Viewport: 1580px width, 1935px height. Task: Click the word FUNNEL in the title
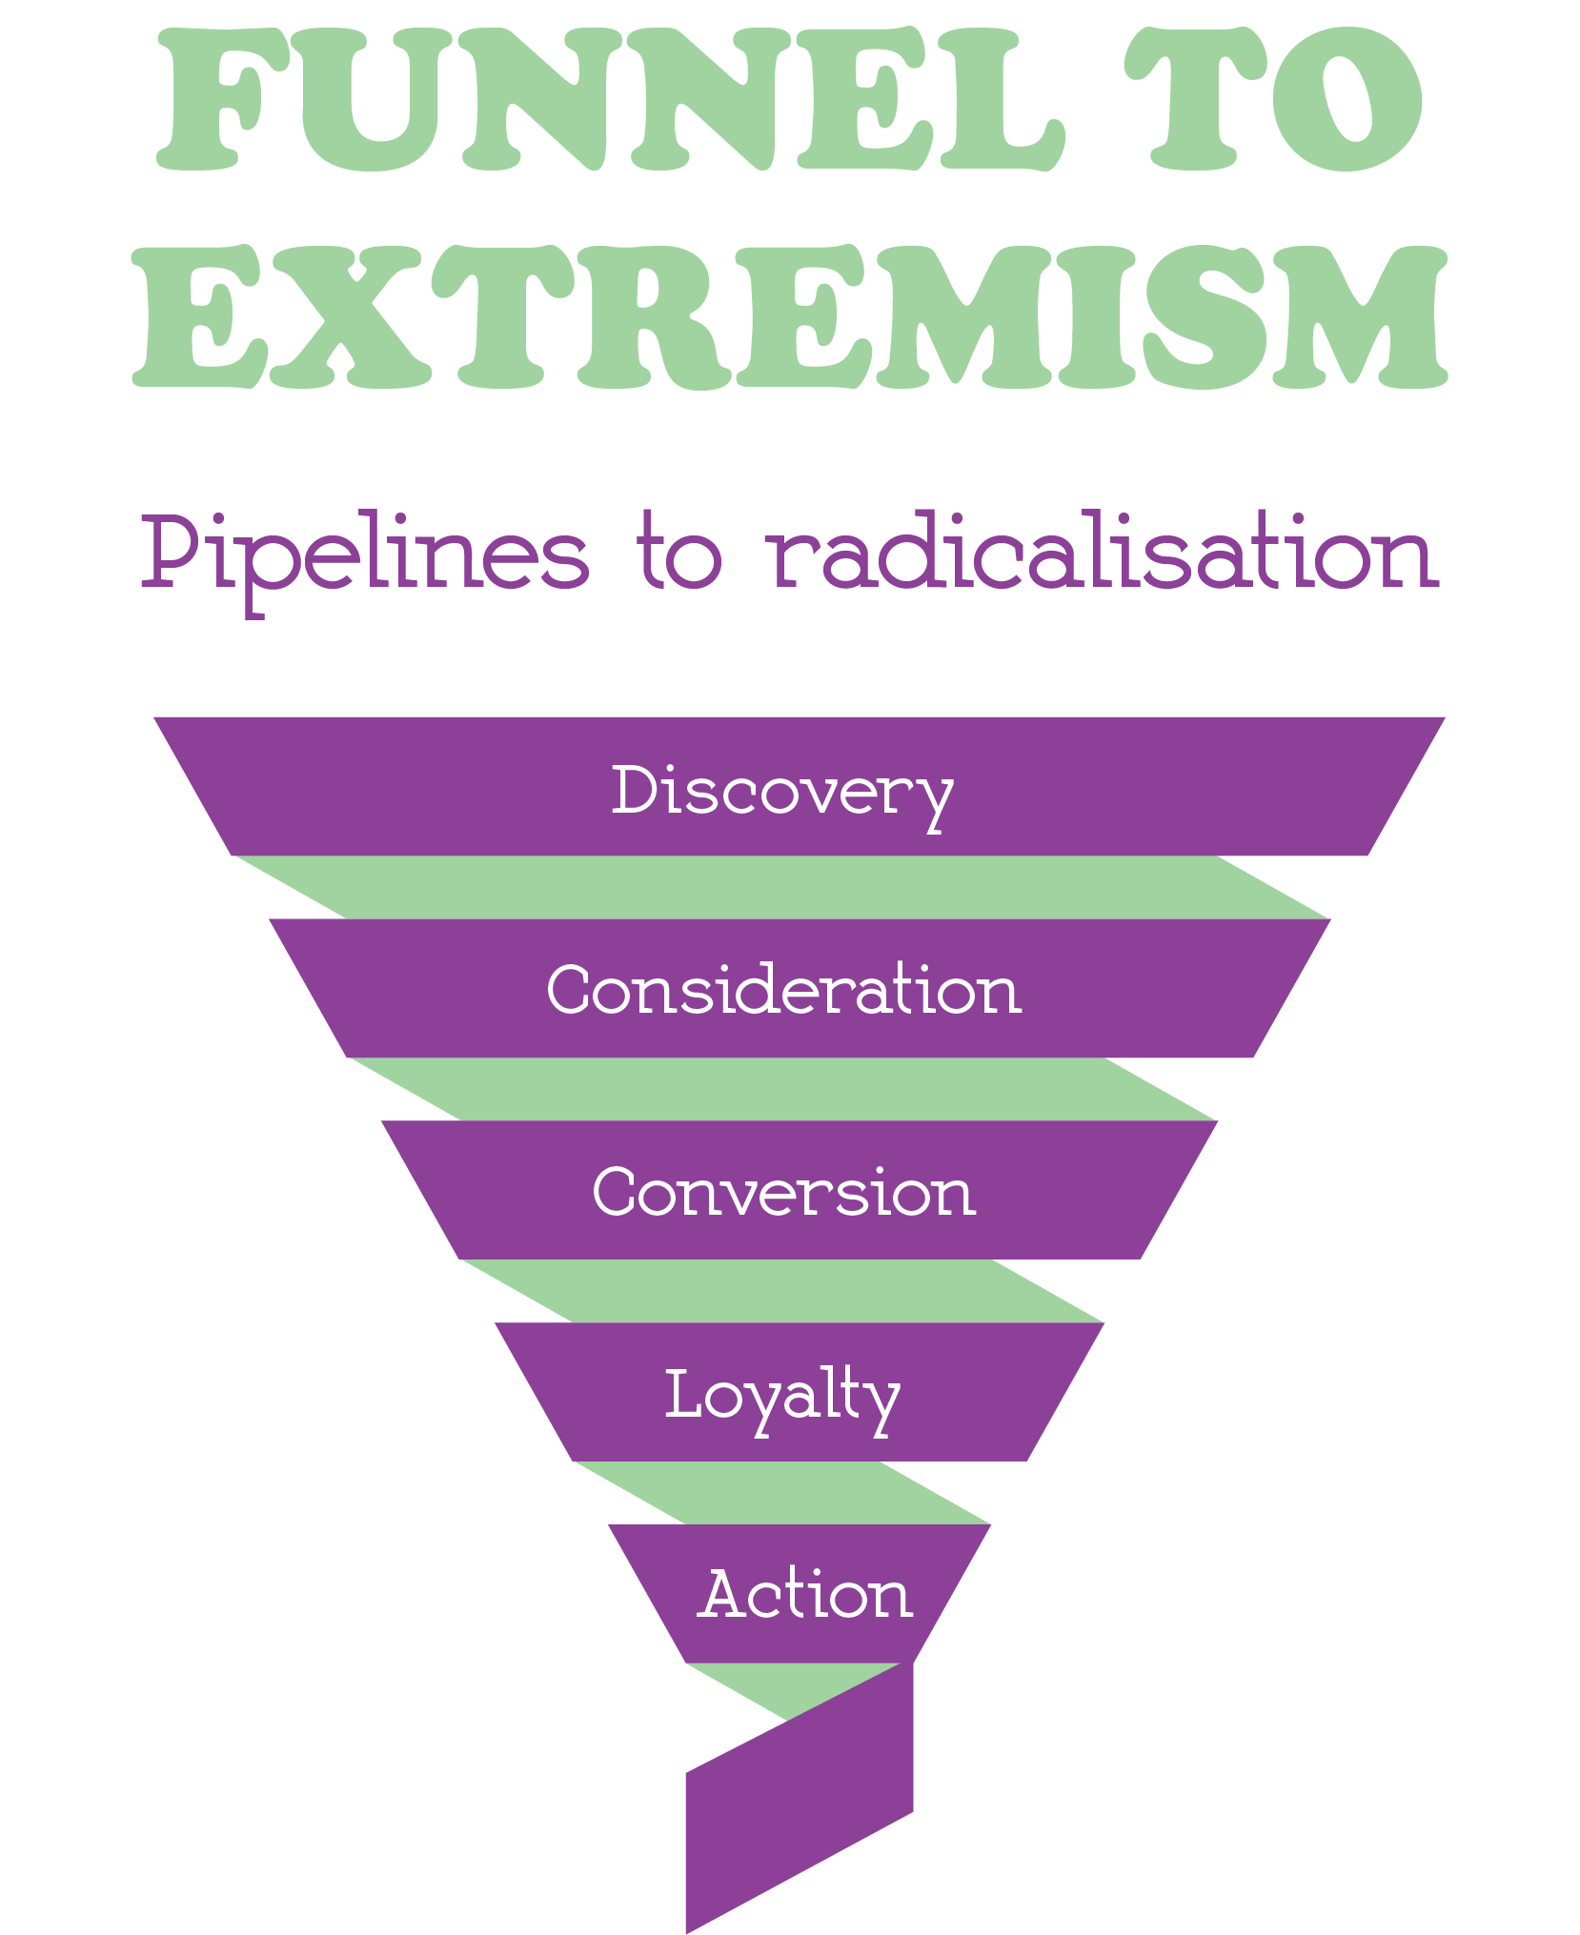pos(610,100)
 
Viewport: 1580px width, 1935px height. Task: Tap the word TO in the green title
pos(1272,100)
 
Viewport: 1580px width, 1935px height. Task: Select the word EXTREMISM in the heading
pos(789,317)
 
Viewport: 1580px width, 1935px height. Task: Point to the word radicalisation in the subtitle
pos(1103,553)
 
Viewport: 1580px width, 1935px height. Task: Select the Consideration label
pos(783,990)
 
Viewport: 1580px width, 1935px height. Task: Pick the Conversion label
pos(783,1192)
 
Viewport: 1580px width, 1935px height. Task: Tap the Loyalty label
pos(781,1396)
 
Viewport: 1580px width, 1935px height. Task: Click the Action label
pos(805,1595)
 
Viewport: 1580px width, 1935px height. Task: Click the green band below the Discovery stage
pos(781,887)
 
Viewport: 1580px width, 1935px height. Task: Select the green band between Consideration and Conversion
pos(781,1089)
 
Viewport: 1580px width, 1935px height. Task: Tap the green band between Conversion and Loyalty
pos(781,1291)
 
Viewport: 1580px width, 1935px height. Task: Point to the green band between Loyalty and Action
pos(781,1493)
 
